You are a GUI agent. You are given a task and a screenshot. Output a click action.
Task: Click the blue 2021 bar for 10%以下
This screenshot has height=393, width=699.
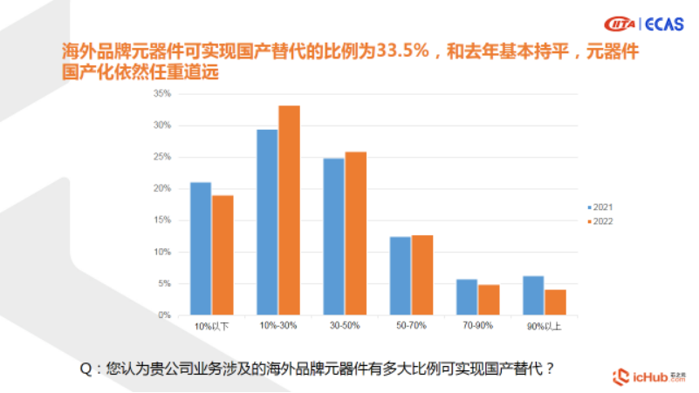[x=201, y=248]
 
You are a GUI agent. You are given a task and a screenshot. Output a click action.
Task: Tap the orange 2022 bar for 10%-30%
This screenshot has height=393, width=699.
[x=289, y=210]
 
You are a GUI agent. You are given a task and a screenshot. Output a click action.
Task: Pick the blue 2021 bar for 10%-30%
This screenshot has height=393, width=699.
[x=267, y=222]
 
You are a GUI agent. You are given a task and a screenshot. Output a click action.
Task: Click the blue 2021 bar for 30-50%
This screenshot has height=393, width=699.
[x=333, y=236]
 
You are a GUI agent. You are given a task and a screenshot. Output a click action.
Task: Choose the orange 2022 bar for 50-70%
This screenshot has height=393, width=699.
[x=422, y=274]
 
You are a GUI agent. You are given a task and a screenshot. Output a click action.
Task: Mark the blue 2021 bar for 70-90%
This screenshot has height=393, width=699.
[x=467, y=297]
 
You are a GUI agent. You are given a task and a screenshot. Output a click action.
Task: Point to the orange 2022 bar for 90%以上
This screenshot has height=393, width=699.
[x=555, y=302]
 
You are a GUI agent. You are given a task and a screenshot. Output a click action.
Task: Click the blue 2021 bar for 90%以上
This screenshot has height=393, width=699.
[x=533, y=295]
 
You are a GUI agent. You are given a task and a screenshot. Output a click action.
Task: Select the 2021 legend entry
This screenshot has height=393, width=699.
[x=601, y=207]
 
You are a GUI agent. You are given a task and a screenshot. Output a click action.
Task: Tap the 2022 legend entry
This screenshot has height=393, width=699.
[x=601, y=221]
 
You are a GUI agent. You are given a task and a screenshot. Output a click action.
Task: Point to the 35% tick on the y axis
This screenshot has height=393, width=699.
[x=162, y=94]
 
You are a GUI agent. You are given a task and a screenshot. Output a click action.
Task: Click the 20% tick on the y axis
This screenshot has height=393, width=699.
[x=162, y=189]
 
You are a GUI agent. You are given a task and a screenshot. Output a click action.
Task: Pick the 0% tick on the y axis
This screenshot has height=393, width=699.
[x=164, y=315]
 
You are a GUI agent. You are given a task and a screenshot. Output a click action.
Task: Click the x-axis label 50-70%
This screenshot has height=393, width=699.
[x=411, y=326]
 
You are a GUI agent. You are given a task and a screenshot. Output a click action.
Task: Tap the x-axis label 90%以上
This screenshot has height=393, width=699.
[x=545, y=326]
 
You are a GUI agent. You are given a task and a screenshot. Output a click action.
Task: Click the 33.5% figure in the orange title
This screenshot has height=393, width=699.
[x=404, y=53]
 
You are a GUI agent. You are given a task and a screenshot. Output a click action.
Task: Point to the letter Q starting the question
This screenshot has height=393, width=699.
[x=86, y=369]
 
